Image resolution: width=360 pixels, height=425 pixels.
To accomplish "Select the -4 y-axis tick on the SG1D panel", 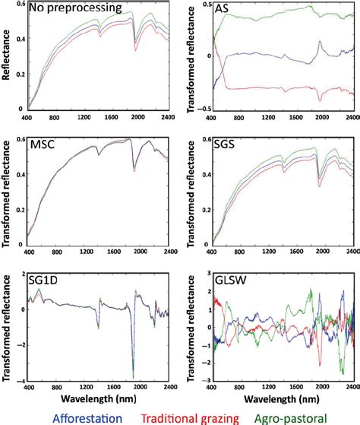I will [19, 381].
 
